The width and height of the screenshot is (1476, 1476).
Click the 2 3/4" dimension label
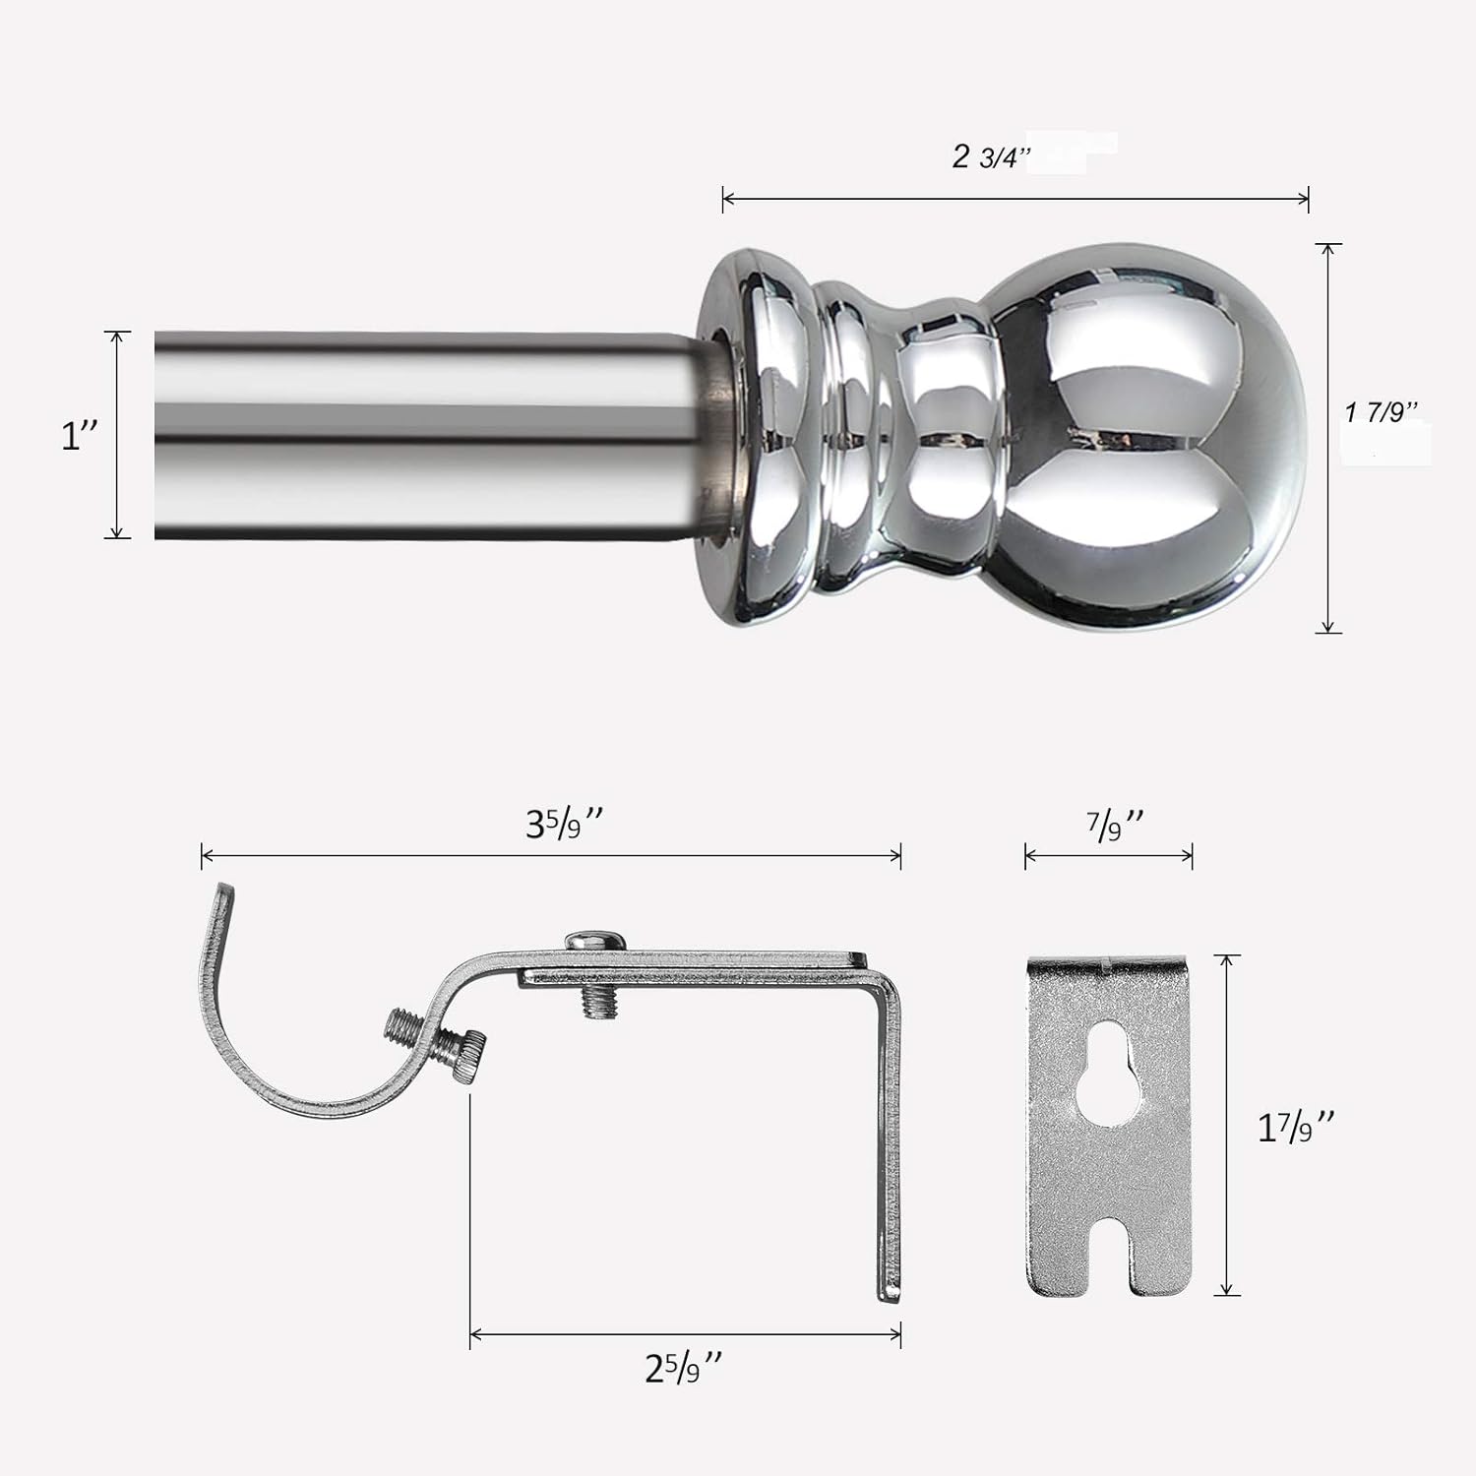tap(990, 156)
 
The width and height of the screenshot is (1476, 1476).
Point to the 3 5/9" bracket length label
tap(564, 823)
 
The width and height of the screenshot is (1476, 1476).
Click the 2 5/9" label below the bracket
tap(684, 1368)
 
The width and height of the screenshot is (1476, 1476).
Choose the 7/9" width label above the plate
tap(1116, 824)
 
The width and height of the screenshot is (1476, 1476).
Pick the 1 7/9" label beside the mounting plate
tap(1296, 1127)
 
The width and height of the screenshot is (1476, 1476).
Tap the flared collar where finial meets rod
tap(758, 438)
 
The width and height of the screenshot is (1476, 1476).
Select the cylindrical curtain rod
tap(423, 434)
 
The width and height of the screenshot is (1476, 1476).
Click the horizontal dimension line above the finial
tap(1014, 199)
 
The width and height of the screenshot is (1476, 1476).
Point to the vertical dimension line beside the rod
tap(117, 434)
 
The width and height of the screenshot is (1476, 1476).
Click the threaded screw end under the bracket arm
tap(593, 1002)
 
